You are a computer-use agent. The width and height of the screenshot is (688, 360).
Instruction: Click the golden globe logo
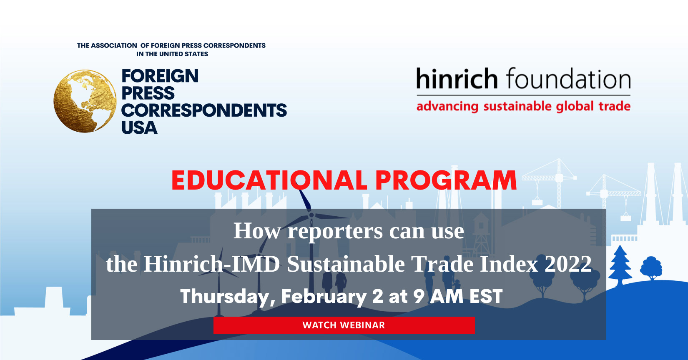(85, 101)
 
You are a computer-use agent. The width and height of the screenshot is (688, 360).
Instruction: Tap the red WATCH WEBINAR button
(344, 325)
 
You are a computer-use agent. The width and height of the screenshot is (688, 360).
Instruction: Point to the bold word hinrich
(457, 79)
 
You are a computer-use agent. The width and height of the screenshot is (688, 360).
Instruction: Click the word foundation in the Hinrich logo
(568, 79)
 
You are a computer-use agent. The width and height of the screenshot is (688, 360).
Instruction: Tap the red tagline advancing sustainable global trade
(523, 107)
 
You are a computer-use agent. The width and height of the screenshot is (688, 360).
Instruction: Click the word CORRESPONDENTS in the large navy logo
(204, 110)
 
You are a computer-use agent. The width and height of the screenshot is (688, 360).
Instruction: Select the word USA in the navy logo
(139, 127)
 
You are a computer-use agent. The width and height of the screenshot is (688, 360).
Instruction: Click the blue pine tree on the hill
(620, 265)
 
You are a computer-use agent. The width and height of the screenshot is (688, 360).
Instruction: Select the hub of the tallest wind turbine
(311, 215)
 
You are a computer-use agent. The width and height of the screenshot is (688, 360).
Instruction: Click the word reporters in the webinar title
(335, 231)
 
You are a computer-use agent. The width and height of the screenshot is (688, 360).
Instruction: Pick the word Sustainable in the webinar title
(346, 264)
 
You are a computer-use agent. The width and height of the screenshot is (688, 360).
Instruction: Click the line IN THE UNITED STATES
(172, 54)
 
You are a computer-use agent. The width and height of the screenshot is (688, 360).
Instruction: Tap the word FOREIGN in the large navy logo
(160, 76)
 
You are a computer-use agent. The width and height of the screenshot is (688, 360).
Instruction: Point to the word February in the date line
(324, 297)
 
